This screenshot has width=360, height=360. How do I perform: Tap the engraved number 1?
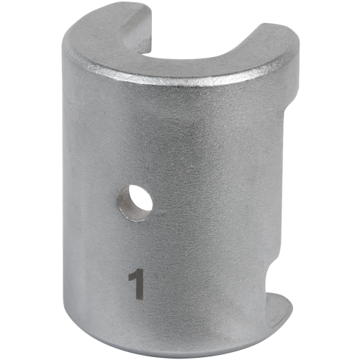135,284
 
